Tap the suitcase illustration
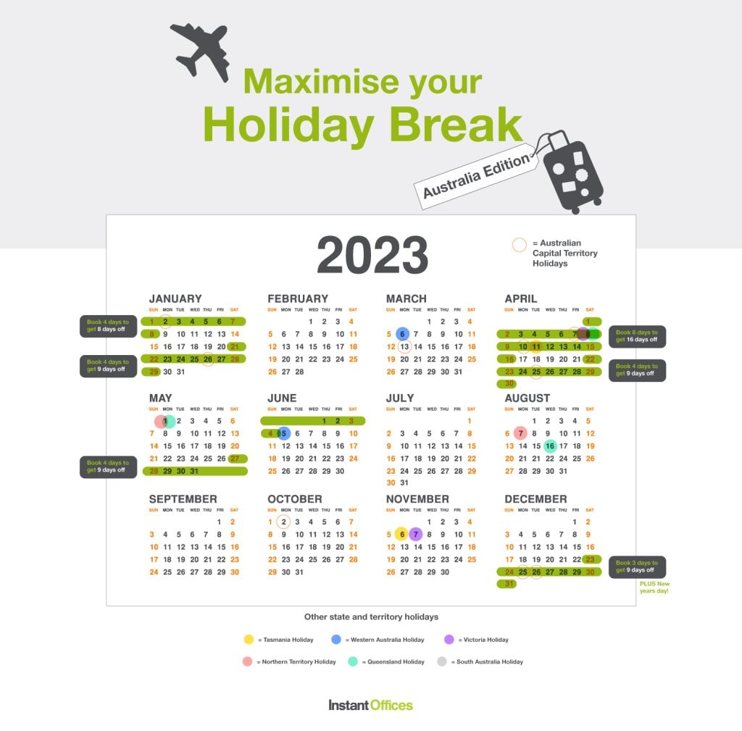pyautogui.click(x=572, y=172)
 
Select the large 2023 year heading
pyautogui.click(x=372, y=255)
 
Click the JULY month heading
pyautogui.click(x=400, y=398)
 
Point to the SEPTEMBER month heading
pyautogui.click(x=183, y=499)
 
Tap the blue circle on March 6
pyautogui.click(x=403, y=334)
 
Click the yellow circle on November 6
pyautogui.click(x=401, y=535)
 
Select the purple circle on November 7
pyautogui.click(x=415, y=535)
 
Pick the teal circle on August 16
pyautogui.click(x=550, y=446)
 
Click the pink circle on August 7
pyautogui.click(x=520, y=433)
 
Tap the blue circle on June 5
pyautogui.click(x=283, y=433)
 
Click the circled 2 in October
pyautogui.click(x=284, y=522)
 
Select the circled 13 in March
pyautogui.click(x=404, y=347)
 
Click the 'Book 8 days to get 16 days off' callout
pyautogui.click(x=637, y=336)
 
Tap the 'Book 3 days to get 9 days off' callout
pyautogui.click(x=637, y=567)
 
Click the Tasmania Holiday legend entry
pyautogui.click(x=279, y=640)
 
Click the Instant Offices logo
pyautogui.click(x=370, y=705)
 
